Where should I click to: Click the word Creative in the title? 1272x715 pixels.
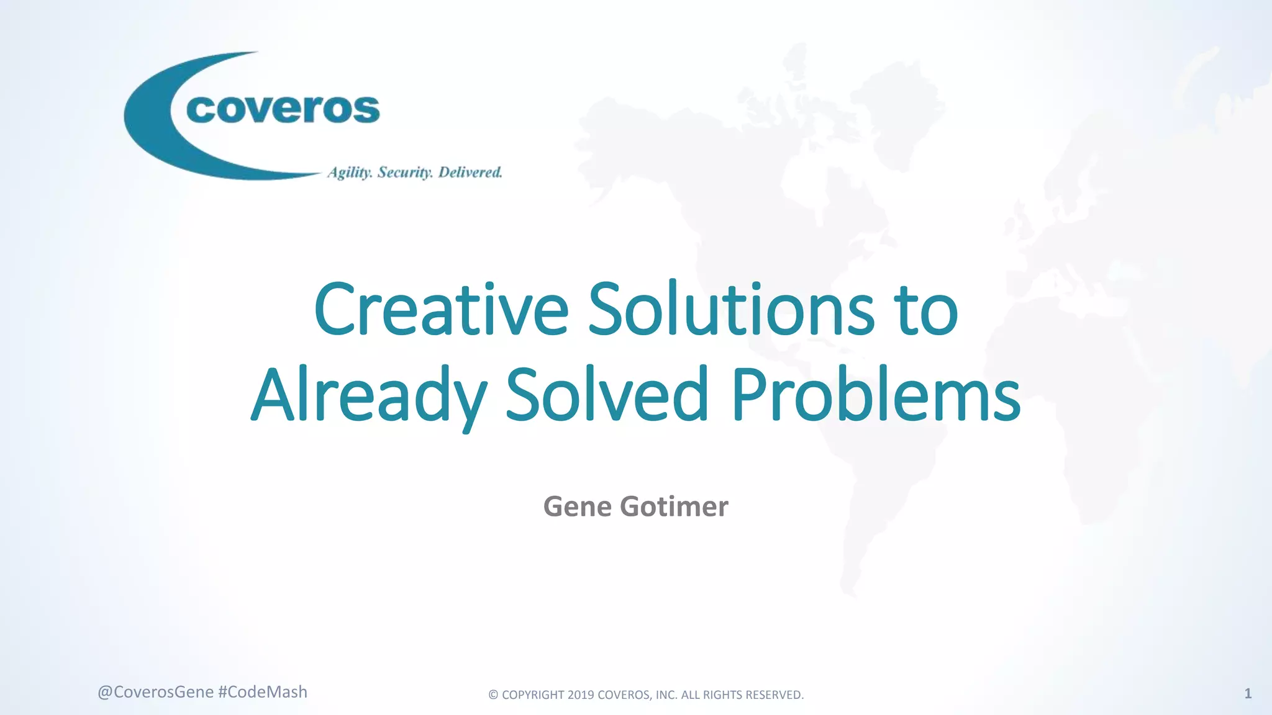pos(441,310)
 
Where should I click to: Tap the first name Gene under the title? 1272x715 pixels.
pos(578,506)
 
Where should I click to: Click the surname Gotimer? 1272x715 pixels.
pos(674,506)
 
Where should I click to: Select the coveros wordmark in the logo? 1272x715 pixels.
pos(283,110)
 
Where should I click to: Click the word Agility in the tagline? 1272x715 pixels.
pos(350,173)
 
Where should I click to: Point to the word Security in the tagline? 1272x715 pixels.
pos(405,173)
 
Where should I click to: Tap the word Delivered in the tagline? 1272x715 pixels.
pos(470,172)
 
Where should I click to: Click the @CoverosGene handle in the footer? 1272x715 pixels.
pos(155,692)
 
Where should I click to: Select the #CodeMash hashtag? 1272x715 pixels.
pos(263,692)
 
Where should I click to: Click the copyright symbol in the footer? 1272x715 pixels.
pos(493,695)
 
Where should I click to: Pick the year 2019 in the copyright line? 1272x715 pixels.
pos(581,695)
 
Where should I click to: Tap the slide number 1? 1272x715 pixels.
pos(1248,693)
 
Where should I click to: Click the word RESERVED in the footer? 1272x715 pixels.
pos(772,695)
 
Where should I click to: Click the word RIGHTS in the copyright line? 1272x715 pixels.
pos(720,695)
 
